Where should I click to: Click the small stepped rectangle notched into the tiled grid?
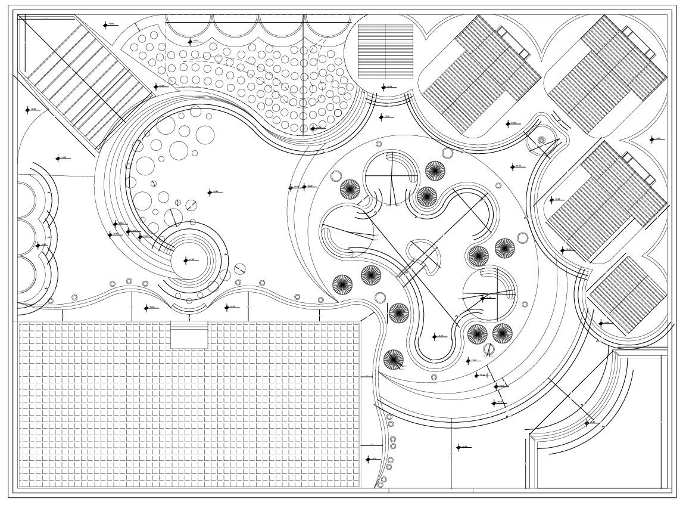189,334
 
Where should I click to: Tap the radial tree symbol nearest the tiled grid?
393,359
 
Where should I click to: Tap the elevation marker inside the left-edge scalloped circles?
39,245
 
